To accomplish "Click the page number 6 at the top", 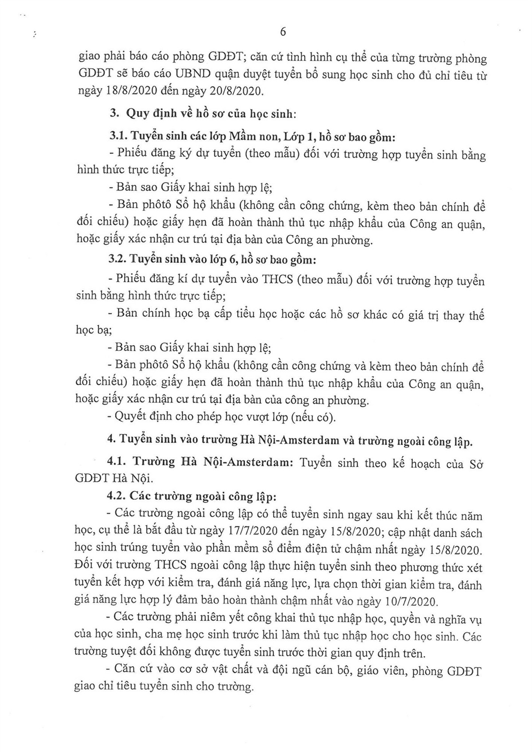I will [283, 32].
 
